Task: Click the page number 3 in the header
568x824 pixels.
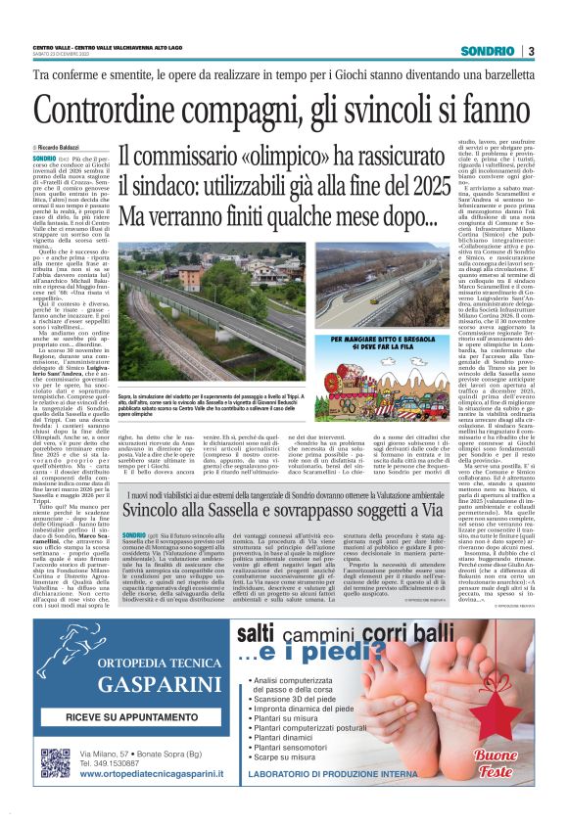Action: pos(530,51)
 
